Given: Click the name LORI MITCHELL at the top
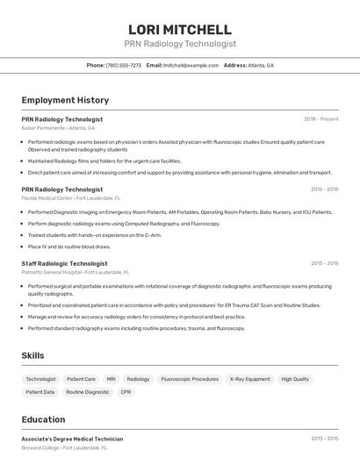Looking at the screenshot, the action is pos(179,30).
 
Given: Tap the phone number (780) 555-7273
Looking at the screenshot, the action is pos(123,65).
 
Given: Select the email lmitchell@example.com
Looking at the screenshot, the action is pos(191,65).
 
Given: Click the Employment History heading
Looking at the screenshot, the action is pos(65,100).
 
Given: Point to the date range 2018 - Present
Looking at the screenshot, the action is pos(320,118).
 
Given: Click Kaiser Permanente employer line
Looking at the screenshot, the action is pos(58,128).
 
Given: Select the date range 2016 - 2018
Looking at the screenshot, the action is pos(324,189).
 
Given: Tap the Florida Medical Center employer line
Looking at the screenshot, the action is pos(71,198).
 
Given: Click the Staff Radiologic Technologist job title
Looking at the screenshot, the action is pos(64,263).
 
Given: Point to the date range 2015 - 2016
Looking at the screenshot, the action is pos(324,263).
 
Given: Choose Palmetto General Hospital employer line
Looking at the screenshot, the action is pos(76,272).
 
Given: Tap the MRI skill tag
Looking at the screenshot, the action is pos(111,379).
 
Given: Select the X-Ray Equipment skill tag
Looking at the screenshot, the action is pos(249,379).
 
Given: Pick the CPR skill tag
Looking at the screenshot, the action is pos(126,392).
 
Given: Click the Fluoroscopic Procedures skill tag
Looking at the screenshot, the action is pos(190,379).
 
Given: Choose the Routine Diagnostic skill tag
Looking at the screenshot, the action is pos(88,392).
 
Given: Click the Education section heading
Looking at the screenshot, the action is pos(43,419).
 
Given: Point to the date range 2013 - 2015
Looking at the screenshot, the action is pos(324,438).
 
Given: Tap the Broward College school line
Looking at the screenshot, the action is pos(64,447).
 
